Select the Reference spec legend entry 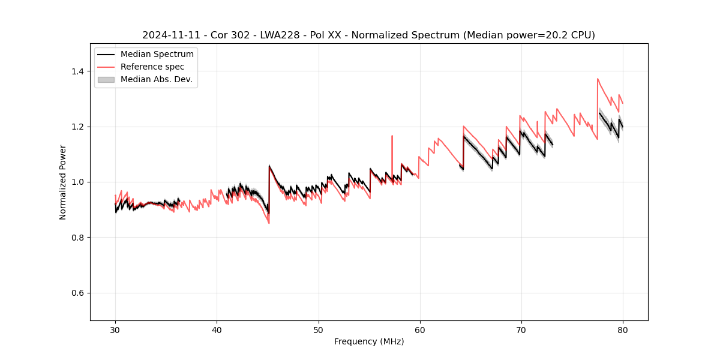tap(152, 67)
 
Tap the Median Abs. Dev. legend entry tap(156, 79)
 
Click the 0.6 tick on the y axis tap(79, 293)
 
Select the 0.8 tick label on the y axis tap(79, 238)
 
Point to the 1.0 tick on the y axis tap(79, 182)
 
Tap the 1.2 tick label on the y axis tap(79, 127)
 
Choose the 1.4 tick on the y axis tap(79, 71)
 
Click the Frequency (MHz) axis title tap(369, 341)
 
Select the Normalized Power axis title tap(63, 182)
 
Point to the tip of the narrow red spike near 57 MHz tap(392, 136)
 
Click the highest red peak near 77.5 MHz tap(598, 79)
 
